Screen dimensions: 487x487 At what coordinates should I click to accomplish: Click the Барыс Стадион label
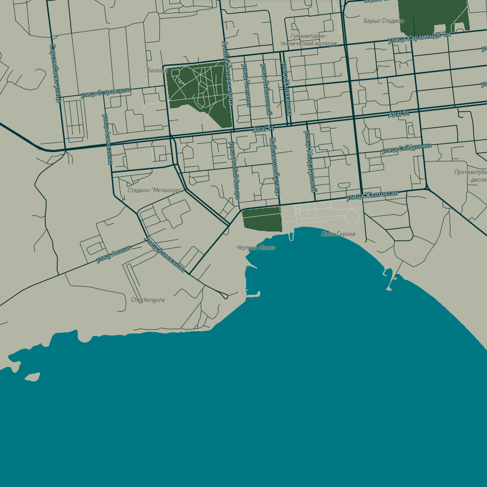pos(384,21)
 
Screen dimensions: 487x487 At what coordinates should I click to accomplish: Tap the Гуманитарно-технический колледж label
pos(309,40)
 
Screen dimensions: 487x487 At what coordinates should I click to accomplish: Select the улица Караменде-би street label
pos(419,37)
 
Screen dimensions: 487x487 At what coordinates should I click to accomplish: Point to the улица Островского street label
pos(105,93)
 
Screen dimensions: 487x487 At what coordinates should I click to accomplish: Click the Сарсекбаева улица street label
pos(54,73)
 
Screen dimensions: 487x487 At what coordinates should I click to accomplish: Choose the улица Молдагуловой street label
pos(310,161)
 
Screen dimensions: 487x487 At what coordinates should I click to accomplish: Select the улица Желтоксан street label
pos(372,195)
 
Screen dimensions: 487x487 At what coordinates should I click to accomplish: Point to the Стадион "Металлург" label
pos(155,190)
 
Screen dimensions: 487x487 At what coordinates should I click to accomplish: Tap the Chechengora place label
pos(147,300)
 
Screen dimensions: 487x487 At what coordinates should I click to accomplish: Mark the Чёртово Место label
pos(256,248)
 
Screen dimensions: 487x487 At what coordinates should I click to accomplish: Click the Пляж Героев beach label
pos(338,234)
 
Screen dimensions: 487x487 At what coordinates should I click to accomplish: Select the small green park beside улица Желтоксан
pos(262,218)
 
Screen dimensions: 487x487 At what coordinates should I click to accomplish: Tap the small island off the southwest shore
pos(32,377)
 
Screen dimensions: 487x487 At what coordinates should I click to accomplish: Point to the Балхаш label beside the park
pos(157,70)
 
